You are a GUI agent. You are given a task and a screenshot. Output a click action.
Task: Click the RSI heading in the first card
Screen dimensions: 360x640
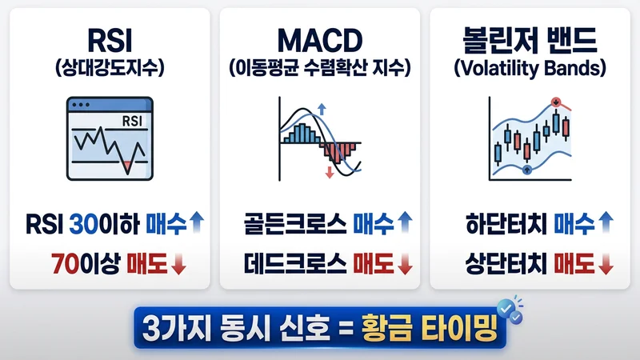(x=110, y=42)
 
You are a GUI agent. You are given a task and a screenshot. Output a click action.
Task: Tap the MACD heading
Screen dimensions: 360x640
(x=319, y=42)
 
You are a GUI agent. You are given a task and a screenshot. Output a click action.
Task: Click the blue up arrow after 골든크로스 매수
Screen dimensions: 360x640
(x=406, y=222)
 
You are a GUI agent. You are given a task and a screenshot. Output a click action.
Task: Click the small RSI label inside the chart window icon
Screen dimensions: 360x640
(x=131, y=122)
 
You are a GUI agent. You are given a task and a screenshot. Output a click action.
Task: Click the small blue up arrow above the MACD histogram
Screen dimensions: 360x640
(x=322, y=108)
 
